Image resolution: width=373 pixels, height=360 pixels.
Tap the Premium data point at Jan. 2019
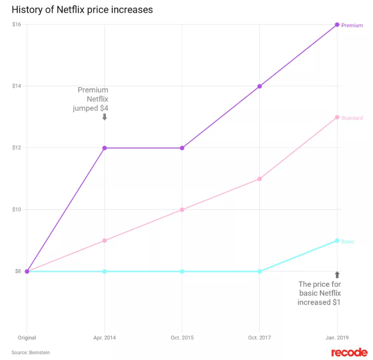(337, 25)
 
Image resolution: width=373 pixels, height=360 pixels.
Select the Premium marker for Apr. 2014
(105, 148)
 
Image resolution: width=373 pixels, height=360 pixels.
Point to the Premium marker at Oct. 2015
(182, 148)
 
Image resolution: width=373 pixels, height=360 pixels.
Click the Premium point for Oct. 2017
(260, 86)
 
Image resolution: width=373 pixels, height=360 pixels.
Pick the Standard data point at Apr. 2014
(105, 240)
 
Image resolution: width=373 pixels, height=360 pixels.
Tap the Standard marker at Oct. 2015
(182, 209)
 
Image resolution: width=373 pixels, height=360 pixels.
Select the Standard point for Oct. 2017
(260, 179)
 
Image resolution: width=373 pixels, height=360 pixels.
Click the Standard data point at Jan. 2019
(337, 117)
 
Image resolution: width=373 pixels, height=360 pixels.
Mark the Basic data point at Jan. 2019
(337, 240)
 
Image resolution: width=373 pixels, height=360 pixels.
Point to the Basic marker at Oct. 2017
(260, 271)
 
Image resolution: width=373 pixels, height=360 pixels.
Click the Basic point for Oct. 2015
(182, 271)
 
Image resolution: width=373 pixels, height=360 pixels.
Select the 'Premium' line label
(352, 25)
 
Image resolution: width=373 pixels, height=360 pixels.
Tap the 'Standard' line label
(352, 118)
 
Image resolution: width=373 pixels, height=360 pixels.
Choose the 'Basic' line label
(348, 241)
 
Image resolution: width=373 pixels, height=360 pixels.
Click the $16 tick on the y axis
(17, 25)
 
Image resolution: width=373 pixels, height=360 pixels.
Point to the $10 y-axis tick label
(17, 209)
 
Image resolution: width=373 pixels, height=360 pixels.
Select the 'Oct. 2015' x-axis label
(182, 338)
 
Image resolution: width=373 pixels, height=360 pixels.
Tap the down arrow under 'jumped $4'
(105, 116)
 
